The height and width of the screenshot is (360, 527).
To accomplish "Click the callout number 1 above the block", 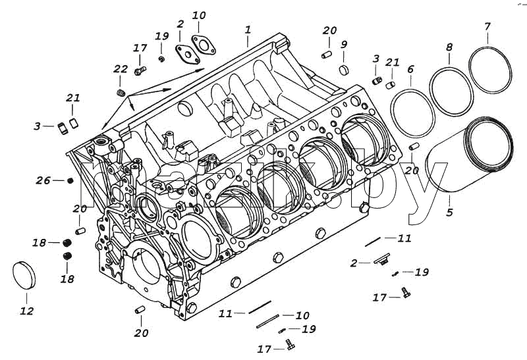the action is click(248, 30).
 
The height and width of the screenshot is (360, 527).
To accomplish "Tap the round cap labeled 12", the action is click(24, 275).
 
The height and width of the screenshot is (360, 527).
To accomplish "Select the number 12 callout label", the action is click(27, 311).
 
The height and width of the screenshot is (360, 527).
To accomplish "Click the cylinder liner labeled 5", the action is click(470, 155).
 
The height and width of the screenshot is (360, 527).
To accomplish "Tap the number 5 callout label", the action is click(450, 212).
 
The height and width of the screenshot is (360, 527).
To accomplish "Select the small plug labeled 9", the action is click(343, 70).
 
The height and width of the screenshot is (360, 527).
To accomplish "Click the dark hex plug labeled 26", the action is click(70, 181).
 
